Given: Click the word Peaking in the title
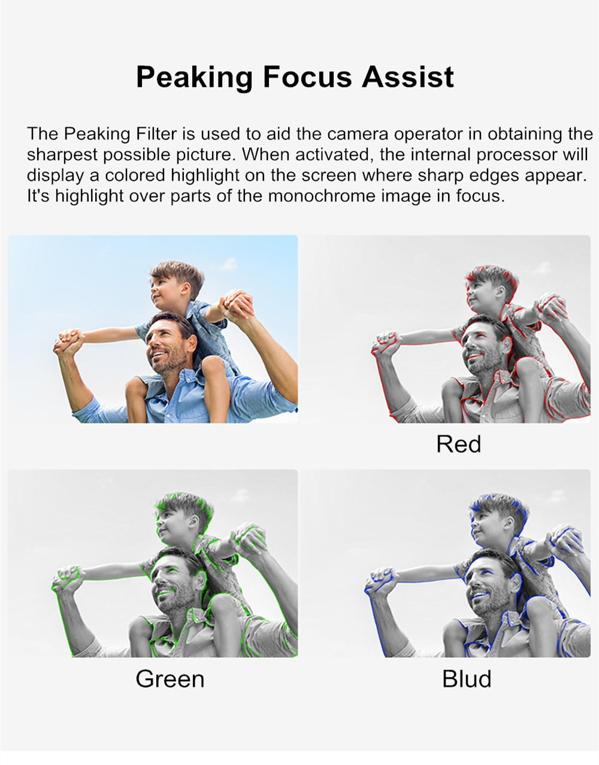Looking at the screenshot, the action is click(194, 78).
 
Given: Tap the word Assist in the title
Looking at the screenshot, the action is click(407, 77).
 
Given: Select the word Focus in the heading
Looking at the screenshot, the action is click(307, 77).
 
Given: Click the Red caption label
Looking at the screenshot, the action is click(458, 444).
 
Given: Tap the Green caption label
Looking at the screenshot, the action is click(170, 678).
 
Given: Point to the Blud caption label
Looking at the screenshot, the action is click(466, 678).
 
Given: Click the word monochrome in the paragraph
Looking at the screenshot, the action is click(322, 196).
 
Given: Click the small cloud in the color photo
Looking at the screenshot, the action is click(229, 264).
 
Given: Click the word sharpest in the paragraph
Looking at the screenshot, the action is click(62, 155).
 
